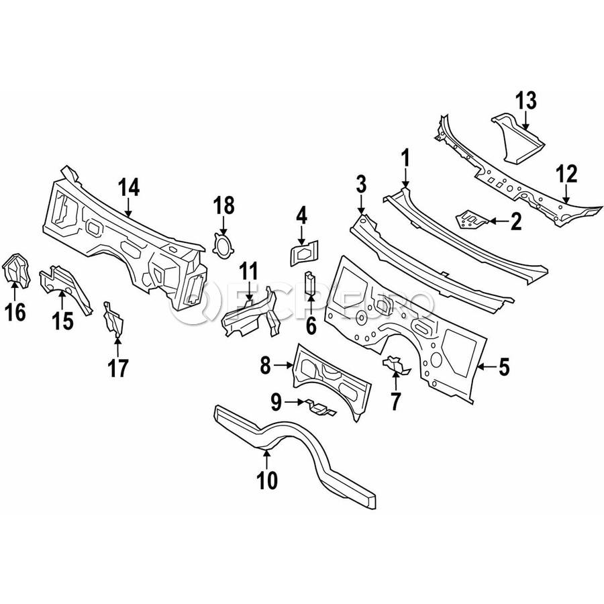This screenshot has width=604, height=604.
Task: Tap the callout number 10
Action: tap(266, 480)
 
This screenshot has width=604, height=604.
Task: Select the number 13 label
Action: tap(527, 101)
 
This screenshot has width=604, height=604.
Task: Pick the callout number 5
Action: tap(503, 366)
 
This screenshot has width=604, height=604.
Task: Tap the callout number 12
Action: tap(566, 175)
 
